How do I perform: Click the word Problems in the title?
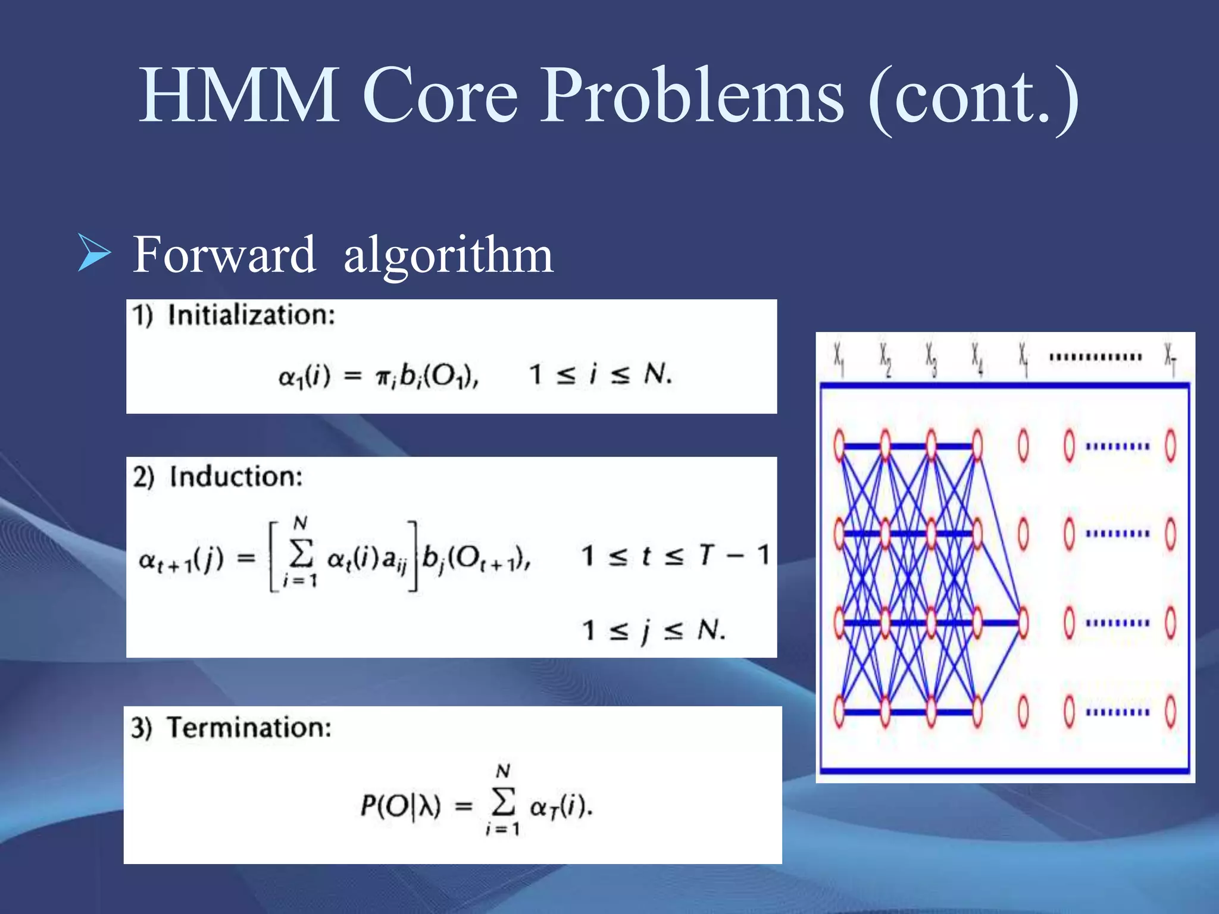click(691, 95)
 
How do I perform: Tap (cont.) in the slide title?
click(973, 98)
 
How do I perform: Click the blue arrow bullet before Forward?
click(94, 253)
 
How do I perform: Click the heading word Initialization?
click(251, 315)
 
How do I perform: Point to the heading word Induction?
click(236, 477)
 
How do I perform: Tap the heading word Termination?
click(249, 727)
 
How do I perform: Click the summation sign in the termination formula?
click(503, 803)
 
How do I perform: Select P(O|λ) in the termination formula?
click(401, 807)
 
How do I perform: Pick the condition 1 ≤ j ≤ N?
click(653, 630)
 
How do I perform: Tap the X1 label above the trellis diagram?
click(839, 358)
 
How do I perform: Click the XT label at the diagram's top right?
click(1170, 358)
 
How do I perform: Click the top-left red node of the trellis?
click(839, 445)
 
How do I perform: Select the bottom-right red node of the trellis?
click(1170, 712)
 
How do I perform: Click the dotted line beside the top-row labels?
click(1095, 357)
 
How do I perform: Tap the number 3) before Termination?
click(142, 728)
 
